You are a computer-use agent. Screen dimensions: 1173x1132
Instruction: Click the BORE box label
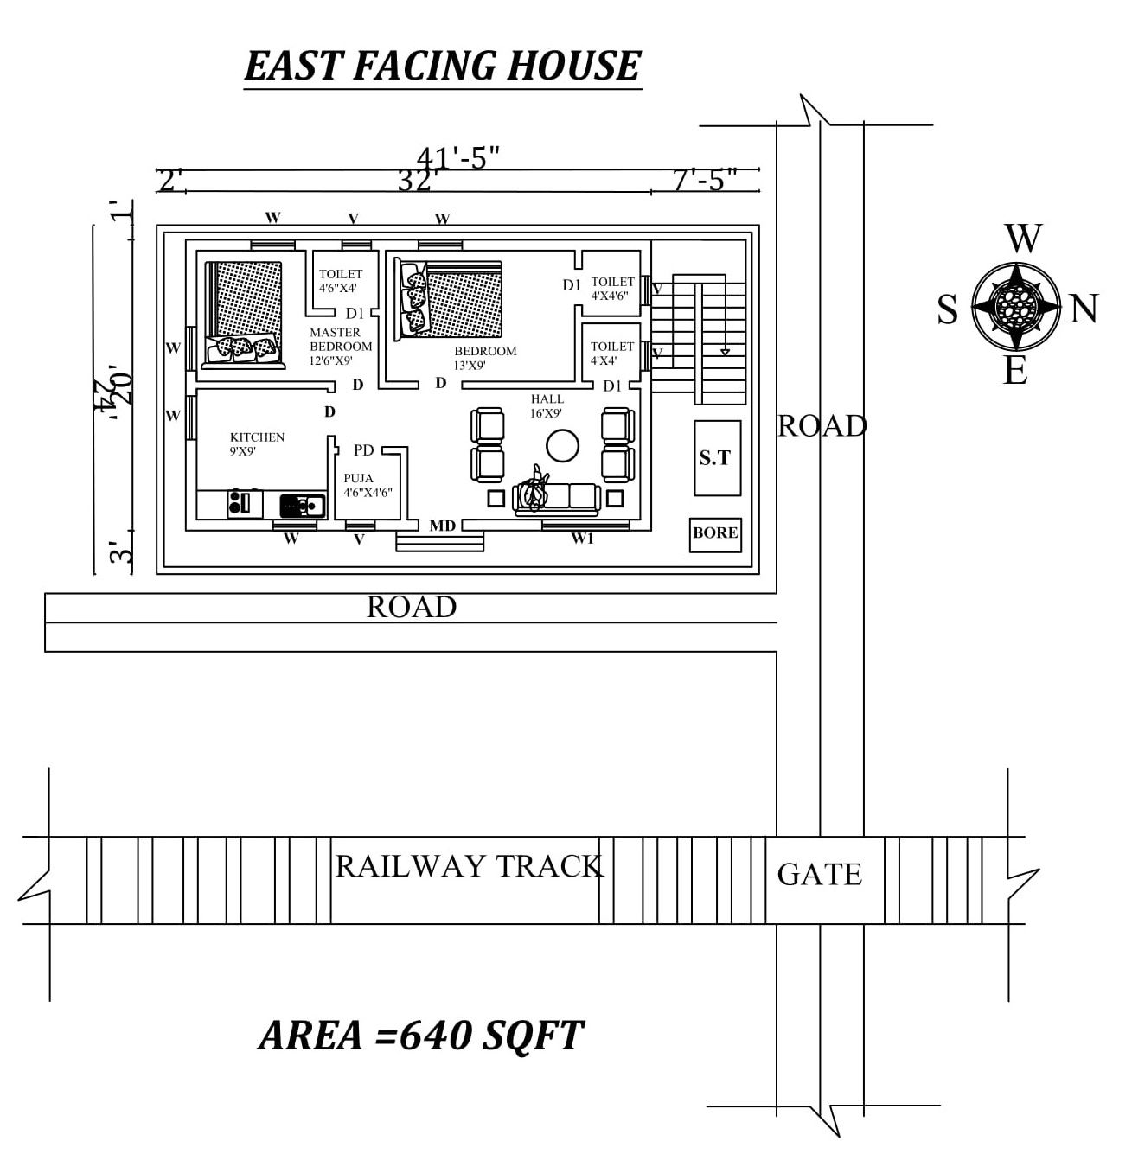(x=715, y=533)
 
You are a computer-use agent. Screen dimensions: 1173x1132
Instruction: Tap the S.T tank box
(x=717, y=458)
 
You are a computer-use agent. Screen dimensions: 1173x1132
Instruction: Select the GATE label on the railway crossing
(x=819, y=875)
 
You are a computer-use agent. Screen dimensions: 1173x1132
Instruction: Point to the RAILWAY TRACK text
(x=469, y=866)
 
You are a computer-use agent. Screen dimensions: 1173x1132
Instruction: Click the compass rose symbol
(x=1015, y=305)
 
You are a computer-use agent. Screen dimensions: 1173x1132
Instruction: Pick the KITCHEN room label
(x=257, y=437)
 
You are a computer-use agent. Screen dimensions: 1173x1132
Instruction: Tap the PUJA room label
(x=359, y=478)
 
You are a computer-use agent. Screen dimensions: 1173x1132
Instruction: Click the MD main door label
(x=443, y=526)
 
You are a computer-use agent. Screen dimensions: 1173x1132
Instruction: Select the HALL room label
(x=547, y=399)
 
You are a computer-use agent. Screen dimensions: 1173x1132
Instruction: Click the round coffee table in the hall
(x=562, y=446)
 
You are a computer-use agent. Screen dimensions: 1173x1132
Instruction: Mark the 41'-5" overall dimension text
(x=458, y=157)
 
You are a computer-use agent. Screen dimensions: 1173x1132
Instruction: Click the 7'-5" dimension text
(x=705, y=180)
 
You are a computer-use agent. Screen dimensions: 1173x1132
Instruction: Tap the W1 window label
(x=582, y=539)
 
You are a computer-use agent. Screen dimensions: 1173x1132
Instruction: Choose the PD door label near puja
(x=364, y=450)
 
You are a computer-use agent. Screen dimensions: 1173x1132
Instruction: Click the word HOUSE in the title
(x=573, y=66)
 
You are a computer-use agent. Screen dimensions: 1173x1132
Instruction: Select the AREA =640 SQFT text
(x=421, y=1035)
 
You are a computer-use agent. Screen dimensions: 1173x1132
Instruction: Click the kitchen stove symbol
(x=245, y=503)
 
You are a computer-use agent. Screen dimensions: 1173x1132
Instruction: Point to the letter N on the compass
(x=1084, y=309)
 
